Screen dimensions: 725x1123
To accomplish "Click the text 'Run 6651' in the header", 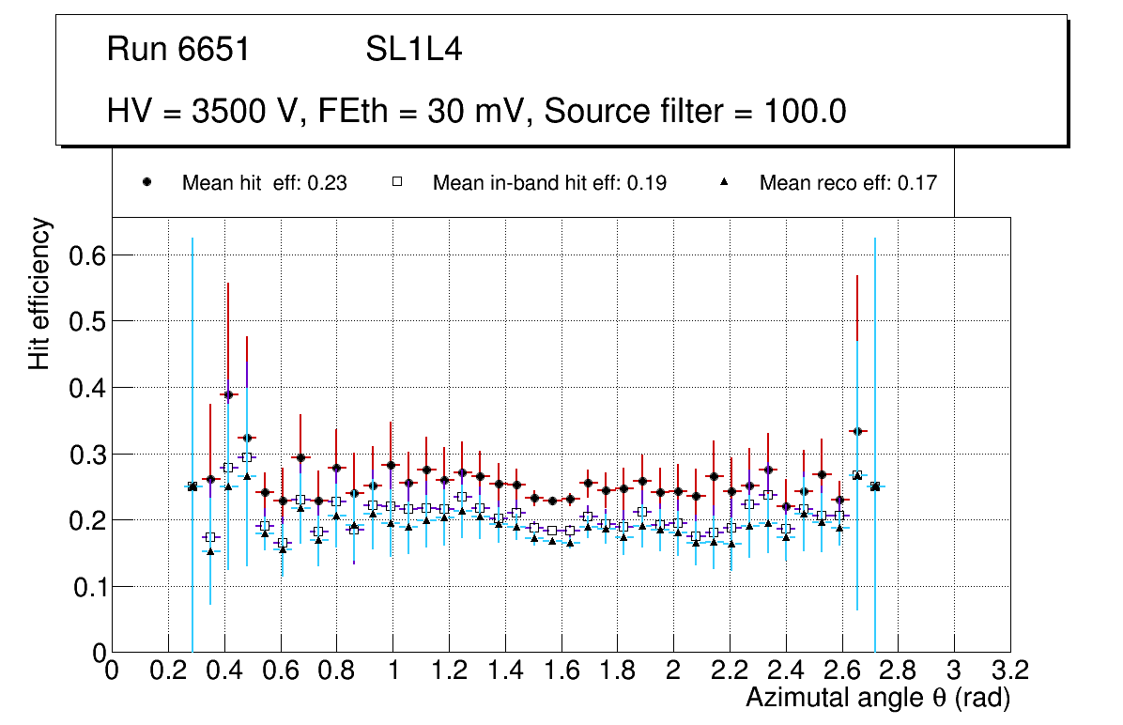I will pyautogui.click(x=178, y=50).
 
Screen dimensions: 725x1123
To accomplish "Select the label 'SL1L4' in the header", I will pyautogui.click(x=413, y=50).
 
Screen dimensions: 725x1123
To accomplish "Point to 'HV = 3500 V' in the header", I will pyautogui.click(x=202, y=112).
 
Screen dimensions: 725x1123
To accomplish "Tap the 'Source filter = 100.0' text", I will pyautogui.click(x=695, y=112).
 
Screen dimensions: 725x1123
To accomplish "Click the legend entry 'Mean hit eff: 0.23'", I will pyautogui.click(x=264, y=183).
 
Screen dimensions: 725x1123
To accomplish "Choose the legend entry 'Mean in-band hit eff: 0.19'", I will pyautogui.click(x=549, y=183).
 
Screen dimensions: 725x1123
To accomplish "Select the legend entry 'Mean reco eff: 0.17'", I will pyautogui.click(x=847, y=183).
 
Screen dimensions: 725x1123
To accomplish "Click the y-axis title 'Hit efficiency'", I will pyautogui.click(x=39, y=293).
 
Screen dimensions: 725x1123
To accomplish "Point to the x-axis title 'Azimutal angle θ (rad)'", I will pyautogui.click(x=878, y=698).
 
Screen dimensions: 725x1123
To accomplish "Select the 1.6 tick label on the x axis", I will pyautogui.click(x=561, y=671).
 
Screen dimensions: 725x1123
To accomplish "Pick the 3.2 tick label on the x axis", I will pyautogui.click(x=1010, y=671).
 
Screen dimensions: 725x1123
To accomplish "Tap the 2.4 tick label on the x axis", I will pyautogui.click(x=786, y=671).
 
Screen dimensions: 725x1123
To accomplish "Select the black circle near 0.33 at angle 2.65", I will pyautogui.click(x=857, y=431).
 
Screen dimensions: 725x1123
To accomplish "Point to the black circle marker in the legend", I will pyautogui.click(x=146, y=182).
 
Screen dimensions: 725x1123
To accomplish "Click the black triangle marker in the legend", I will pyautogui.click(x=724, y=182).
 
